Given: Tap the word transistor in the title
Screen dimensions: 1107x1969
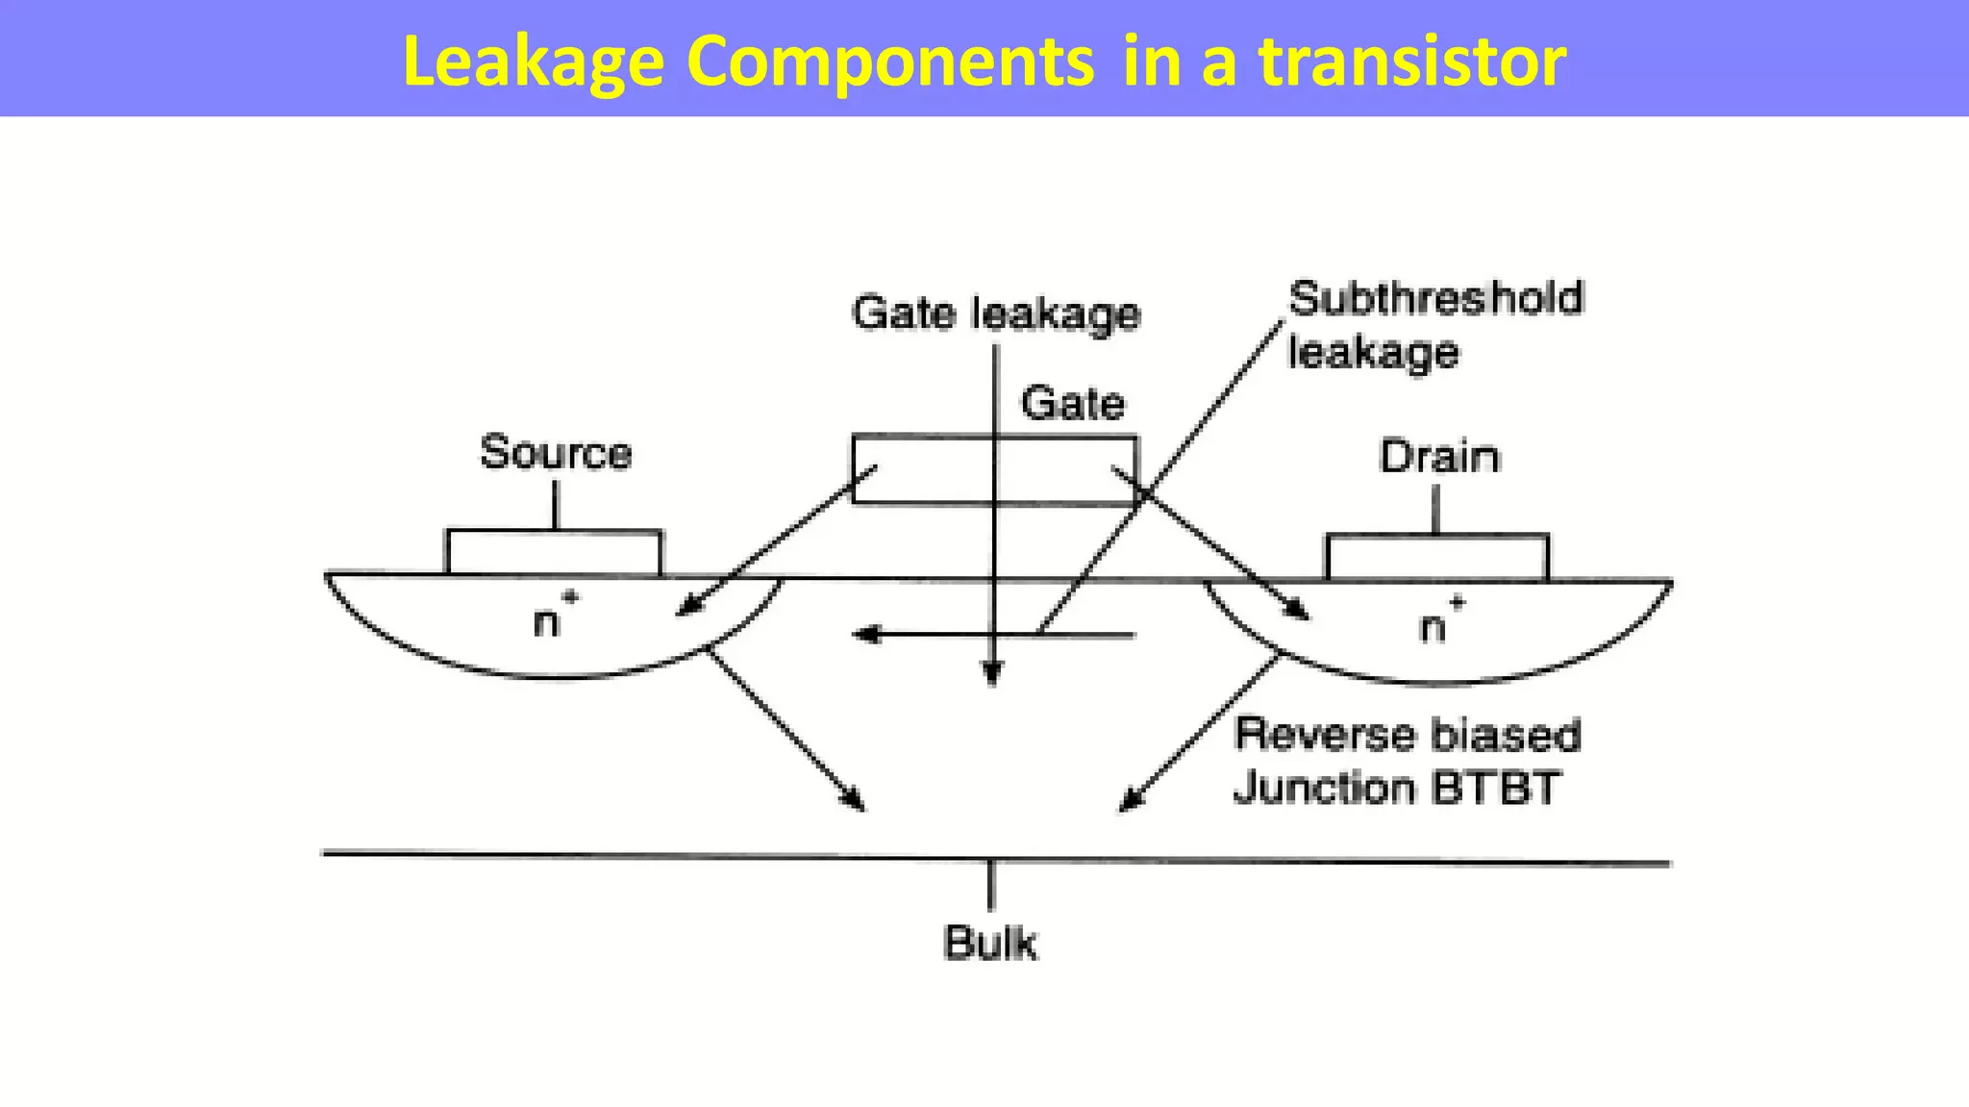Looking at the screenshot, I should [x=1412, y=62].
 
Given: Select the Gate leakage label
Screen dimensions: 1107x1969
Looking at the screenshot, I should [x=995, y=314].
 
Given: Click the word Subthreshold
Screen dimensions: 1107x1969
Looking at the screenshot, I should [x=1435, y=298].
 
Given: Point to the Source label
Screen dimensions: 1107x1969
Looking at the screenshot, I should [x=556, y=452].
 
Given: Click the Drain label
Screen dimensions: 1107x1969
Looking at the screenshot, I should [x=1439, y=456].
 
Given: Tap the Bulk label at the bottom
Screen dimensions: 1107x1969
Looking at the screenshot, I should [x=990, y=943].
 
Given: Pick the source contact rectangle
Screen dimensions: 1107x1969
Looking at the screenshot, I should [x=554, y=552].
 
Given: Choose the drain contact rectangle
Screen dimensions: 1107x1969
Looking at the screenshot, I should [x=1437, y=557].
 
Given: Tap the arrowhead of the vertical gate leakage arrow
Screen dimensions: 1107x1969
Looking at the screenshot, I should [x=993, y=675].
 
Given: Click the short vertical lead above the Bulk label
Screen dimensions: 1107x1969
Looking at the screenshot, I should [x=990, y=885].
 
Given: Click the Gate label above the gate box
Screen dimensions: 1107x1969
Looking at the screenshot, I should [x=1072, y=403].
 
